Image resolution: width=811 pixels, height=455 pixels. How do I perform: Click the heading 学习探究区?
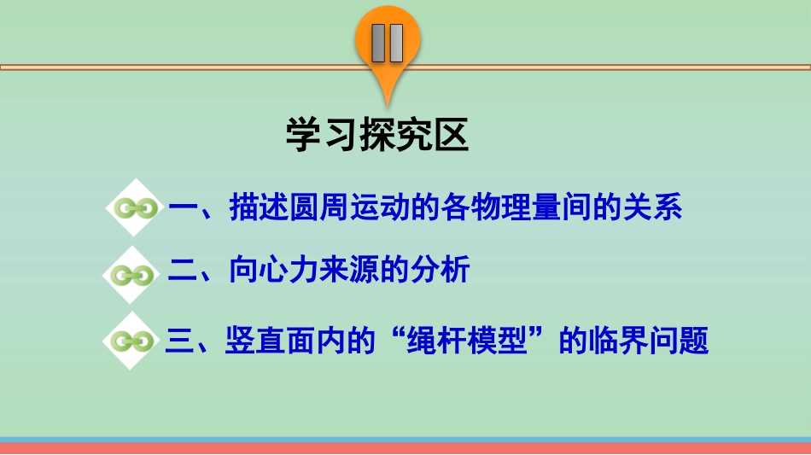tap(377, 136)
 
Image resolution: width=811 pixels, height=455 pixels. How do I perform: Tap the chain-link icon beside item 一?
tap(133, 208)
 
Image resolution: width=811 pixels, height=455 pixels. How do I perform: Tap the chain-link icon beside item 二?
tap(133, 274)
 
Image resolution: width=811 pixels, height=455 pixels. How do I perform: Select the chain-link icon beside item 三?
tap(133, 342)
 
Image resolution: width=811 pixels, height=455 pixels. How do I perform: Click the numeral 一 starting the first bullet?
tap(184, 208)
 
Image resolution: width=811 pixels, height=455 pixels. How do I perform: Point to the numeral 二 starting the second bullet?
tap(184, 272)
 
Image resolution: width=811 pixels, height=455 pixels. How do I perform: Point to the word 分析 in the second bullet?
tap(441, 272)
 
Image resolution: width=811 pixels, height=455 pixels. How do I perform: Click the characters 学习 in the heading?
tap(316, 136)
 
